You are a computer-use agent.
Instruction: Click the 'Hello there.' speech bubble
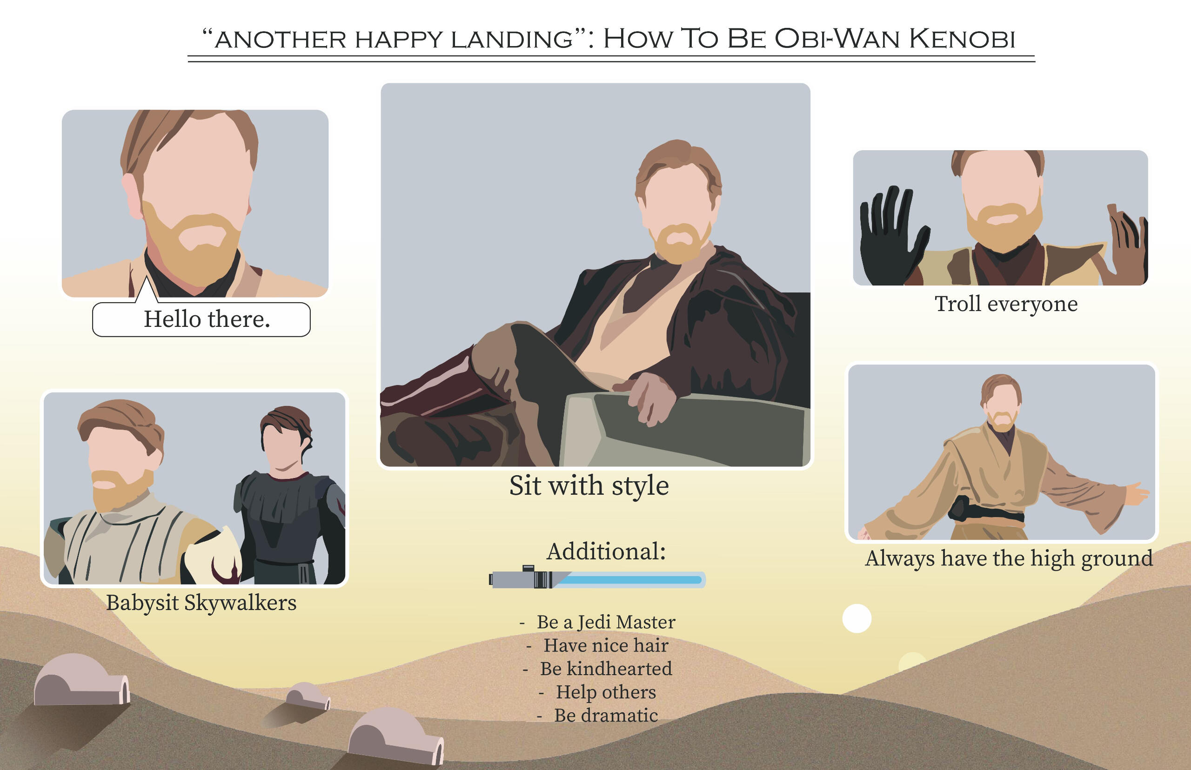click(201, 319)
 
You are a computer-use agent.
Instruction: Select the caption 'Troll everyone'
click(1006, 304)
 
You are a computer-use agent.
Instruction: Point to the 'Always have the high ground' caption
click(1009, 558)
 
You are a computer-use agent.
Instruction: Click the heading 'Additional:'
click(606, 552)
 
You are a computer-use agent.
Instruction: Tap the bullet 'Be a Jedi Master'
click(606, 622)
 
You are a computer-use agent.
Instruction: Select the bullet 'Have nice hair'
click(606, 645)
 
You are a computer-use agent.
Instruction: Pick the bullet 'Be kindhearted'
click(606, 669)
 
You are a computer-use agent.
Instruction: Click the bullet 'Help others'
click(606, 692)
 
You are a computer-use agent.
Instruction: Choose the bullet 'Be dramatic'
click(606, 716)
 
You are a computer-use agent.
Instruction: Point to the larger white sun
click(857, 618)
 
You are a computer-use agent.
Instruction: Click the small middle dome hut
click(307, 696)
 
